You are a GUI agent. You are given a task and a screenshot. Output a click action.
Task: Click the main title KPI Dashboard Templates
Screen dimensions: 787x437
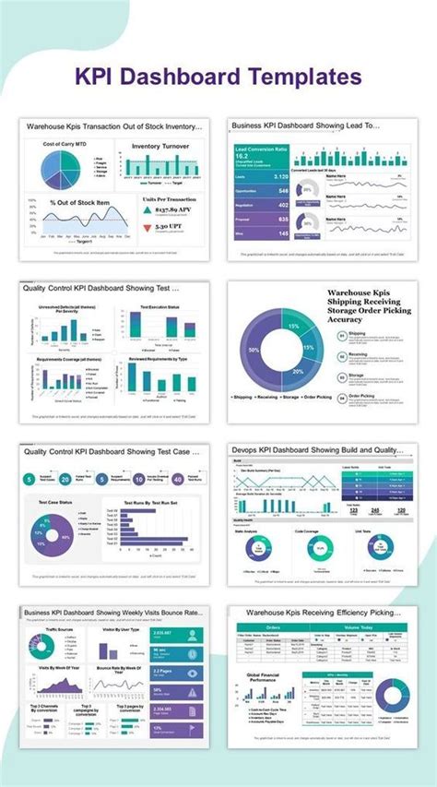[x=218, y=75]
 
